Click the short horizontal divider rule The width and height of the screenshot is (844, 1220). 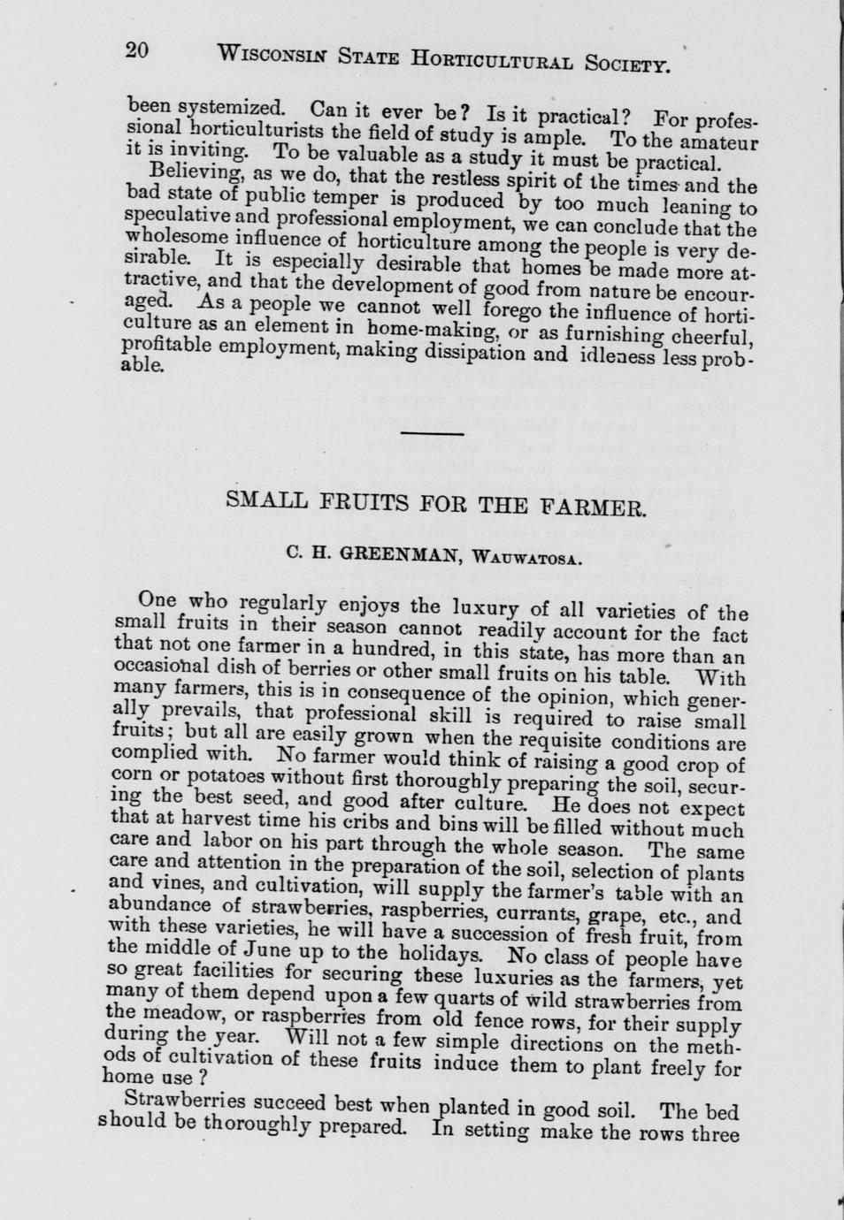[x=433, y=433]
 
